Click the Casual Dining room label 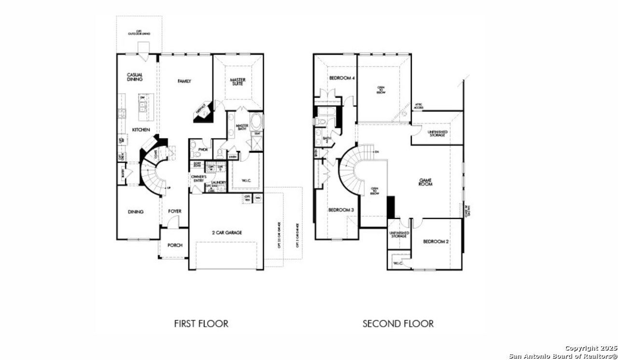point(135,77)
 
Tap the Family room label point(184,81)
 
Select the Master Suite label point(238,82)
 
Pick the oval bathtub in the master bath point(256,120)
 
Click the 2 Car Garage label point(226,233)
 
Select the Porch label point(175,245)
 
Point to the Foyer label point(175,211)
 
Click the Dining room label point(136,211)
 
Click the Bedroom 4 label point(342,78)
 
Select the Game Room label point(425,181)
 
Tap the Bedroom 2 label point(436,241)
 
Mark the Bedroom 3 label point(341,210)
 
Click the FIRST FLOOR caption point(201,323)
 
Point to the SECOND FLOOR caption point(398,323)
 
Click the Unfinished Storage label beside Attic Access point(437,133)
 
